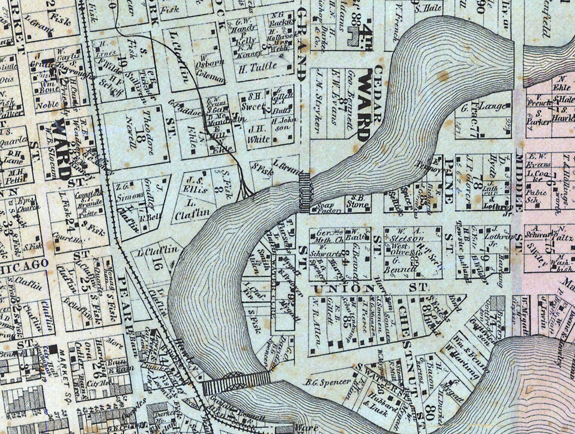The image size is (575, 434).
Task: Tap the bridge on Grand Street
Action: (305, 192)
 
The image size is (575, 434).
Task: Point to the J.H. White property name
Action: (258, 135)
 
